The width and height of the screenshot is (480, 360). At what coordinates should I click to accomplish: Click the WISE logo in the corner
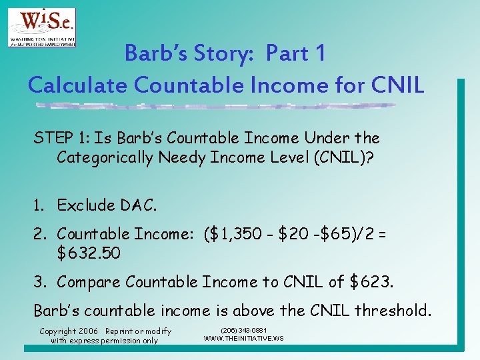click(41, 27)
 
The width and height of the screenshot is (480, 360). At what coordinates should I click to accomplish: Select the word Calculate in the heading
click(77, 85)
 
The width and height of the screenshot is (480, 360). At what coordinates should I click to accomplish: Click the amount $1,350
click(253, 234)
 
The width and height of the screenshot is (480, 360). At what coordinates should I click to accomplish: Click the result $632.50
click(89, 253)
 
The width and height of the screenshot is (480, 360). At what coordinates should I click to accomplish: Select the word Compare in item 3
click(89, 282)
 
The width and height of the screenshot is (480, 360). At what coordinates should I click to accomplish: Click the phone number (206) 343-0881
click(243, 331)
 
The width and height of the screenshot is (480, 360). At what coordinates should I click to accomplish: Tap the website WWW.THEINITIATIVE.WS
click(243, 339)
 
